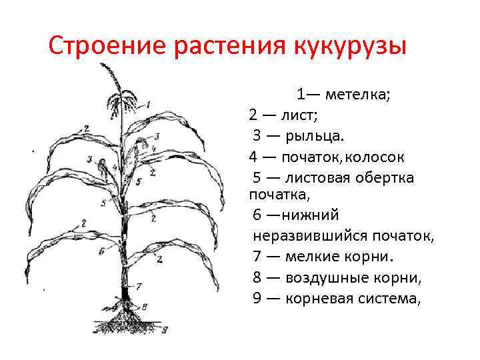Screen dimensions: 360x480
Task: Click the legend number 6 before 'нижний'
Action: click(257, 215)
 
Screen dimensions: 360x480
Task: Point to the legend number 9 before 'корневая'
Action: click(257, 298)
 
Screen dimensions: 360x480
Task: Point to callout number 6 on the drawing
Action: click(101, 252)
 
